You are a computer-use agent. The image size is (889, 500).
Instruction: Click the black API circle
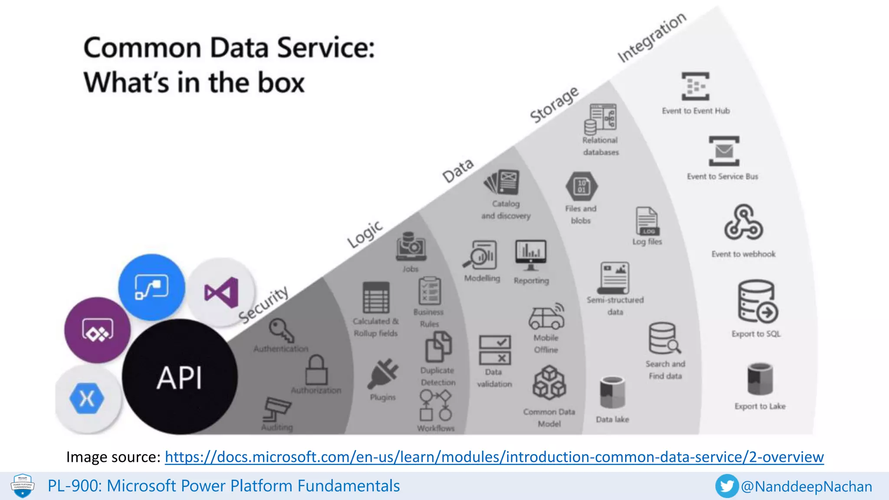coord(180,377)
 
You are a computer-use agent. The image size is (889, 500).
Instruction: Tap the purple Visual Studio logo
coord(222,292)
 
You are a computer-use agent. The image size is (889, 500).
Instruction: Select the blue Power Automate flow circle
coord(151,287)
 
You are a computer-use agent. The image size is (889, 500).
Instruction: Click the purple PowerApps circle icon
coord(98,330)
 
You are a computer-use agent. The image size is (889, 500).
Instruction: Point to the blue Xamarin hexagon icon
coord(87,398)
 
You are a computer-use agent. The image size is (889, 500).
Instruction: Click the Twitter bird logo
coord(727,486)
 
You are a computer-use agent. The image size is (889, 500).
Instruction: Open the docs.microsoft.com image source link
coord(494,457)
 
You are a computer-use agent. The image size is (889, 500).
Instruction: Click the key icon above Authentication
coord(281,330)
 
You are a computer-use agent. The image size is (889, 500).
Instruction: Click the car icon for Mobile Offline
coord(547,317)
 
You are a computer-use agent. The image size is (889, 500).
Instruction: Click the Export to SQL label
coord(756,334)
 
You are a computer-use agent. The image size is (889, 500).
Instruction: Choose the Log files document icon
coord(647,221)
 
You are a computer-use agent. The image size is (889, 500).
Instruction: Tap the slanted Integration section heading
coord(652,37)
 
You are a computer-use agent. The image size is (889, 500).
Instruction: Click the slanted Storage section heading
coord(554,104)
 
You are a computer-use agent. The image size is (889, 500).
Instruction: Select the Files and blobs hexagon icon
coord(581,186)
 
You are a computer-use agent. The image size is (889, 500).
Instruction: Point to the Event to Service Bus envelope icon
coord(724,151)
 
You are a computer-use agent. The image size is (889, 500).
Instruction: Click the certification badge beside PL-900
coord(23,486)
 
